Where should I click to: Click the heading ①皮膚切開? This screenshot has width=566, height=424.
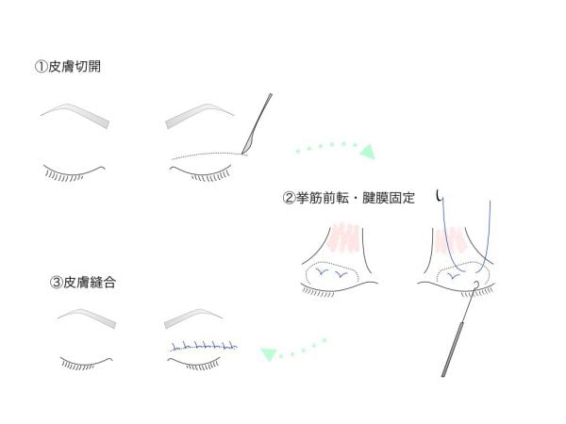68,67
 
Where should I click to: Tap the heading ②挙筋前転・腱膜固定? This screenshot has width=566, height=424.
349,198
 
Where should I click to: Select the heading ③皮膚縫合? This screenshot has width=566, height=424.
83,283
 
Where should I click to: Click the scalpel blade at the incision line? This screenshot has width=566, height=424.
247,145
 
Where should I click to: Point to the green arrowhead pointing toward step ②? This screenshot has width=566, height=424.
368,151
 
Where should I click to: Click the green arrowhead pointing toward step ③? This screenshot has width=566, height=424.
269,354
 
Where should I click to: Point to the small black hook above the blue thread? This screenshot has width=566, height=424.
439,196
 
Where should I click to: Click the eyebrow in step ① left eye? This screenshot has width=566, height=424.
75,115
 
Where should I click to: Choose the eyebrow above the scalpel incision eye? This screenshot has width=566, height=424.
200,116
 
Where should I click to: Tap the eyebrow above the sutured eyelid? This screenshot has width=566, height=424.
193,318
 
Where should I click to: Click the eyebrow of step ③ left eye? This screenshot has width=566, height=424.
87,318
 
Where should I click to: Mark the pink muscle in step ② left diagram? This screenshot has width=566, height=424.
343,236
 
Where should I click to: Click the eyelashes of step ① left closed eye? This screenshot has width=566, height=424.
64,176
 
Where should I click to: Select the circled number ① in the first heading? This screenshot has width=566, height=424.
41,67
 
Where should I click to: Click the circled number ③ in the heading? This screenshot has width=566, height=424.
56,283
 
